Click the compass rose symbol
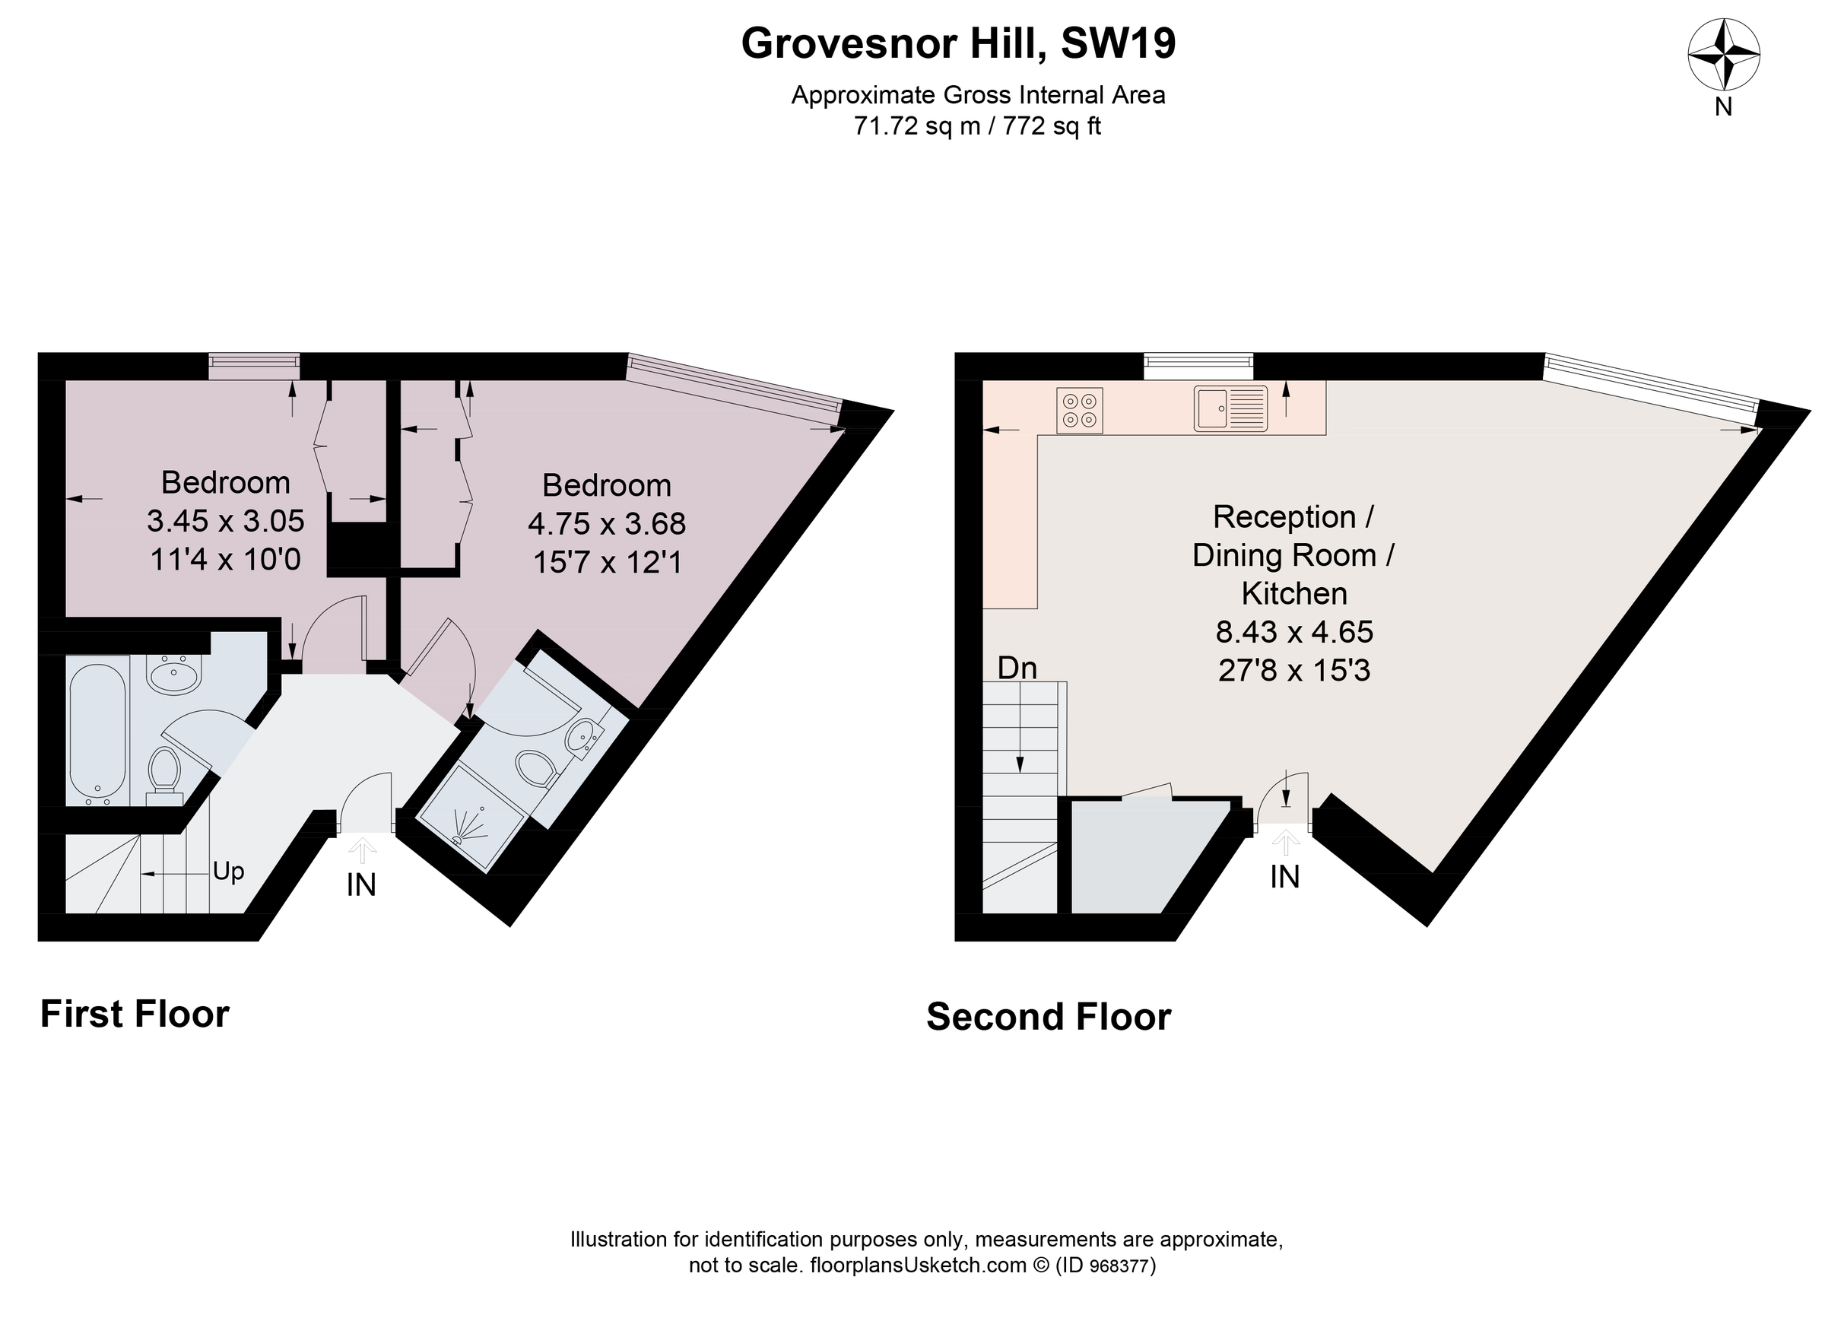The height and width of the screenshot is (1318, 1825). click(1723, 55)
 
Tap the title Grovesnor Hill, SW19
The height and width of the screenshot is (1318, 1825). click(957, 43)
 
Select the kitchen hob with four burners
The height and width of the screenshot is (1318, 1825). click(1078, 411)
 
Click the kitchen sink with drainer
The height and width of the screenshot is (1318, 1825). click(1230, 408)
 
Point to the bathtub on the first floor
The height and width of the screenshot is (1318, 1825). click(97, 730)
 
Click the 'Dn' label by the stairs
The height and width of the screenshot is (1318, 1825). click(1017, 668)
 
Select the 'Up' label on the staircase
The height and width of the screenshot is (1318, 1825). click(229, 872)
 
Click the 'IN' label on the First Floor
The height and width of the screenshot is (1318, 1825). click(361, 885)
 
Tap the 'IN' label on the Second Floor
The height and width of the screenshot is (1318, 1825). click(1284, 877)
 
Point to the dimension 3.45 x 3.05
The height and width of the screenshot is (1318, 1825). click(225, 522)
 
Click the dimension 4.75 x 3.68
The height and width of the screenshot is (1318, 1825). click(607, 524)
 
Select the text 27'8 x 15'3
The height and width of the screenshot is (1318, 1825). click(1293, 670)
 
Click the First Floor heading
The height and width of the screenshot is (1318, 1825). click(135, 1014)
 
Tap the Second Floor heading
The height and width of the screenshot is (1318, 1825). click(1048, 1017)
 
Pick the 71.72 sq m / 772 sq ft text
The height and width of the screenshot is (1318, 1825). click(977, 126)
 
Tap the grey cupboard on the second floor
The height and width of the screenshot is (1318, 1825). click(1143, 857)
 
